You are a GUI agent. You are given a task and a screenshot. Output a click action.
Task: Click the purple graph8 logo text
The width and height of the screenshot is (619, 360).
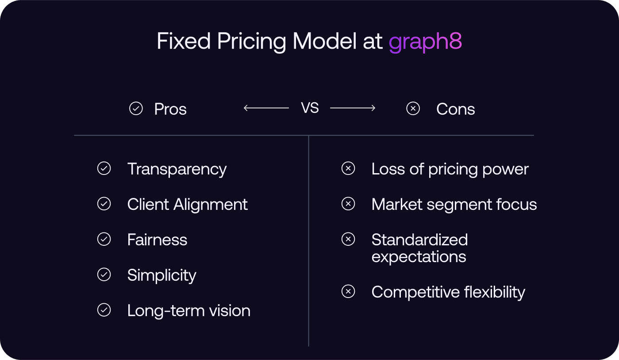pyautogui.click(x=425, y=42)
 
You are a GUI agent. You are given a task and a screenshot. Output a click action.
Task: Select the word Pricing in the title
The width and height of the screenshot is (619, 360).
pyautogui.click(x=252, y=42)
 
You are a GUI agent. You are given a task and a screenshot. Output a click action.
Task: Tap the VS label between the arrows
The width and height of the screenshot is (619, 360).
pyautogui.click(x=310, y=108)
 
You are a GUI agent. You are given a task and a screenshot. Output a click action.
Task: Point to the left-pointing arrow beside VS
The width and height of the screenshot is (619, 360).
pyautogui.click(x=266, y=108)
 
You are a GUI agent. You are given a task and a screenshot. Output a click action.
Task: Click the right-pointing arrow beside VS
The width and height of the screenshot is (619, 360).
pyautogui.click(x=353, y=108)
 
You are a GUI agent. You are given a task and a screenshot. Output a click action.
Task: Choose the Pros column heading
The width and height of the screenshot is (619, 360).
pyautogui.click(x=170, y=109)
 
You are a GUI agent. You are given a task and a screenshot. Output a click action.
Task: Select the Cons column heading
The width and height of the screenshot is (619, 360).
pyautogui.click(x=455, y=109)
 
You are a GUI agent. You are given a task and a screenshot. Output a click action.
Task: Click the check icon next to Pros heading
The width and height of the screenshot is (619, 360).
pyautogui.click(x=136, y=108)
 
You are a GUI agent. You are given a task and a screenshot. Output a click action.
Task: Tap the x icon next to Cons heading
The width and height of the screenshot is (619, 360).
pyautogui.click(x=413, y=108)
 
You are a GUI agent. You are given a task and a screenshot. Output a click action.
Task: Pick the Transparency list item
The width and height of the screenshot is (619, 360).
pyautogui.click(x=177, y=169)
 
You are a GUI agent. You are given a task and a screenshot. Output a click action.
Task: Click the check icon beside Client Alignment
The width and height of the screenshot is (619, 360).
pyautogui.click(x=104, y=204)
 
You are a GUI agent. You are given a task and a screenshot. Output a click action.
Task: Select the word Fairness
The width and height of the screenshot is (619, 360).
pyautogui.click(x=157, y=240)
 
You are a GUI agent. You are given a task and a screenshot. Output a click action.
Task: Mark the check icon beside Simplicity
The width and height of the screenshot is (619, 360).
pyautogui.click(x=104, y=275)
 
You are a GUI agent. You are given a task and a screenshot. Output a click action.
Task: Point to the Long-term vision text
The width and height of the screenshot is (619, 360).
pyautogui.click(x=188, y=311)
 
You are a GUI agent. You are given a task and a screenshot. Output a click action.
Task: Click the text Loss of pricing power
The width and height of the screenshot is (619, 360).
pyautogui.click(x=450, y=169)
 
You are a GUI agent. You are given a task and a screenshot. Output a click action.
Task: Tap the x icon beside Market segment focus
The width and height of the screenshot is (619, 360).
pyautogui.click(x=348, y=204)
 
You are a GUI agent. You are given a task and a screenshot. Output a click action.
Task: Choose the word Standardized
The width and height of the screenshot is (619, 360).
pyautogui.click(x=419, y=240)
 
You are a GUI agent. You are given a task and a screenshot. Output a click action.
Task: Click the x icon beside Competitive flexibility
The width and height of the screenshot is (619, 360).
pyautogui.click(x=348, y=291)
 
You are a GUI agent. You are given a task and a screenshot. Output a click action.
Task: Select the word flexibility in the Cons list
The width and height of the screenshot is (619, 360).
pyautogui.click(x=494, y=292)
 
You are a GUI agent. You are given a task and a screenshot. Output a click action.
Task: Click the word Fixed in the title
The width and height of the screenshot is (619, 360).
pyautogui.click(x=184, y=42)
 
